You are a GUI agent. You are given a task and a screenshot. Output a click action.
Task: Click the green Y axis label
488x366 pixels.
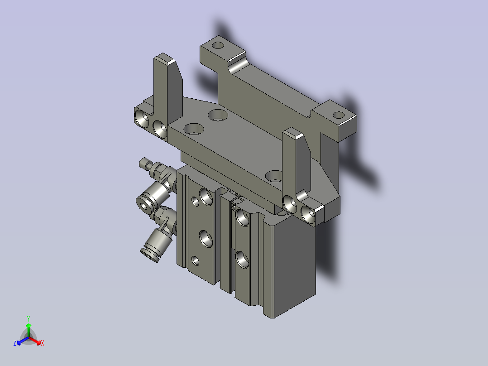point(29,318)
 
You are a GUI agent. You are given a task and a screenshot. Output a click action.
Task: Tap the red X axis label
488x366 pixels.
point(43,343)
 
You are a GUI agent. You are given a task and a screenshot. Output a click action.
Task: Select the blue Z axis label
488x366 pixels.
point(15,342)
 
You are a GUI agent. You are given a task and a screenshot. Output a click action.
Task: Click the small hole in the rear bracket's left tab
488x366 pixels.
point(218,45)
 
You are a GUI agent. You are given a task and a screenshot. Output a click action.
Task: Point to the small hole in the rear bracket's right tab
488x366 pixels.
point(339,115)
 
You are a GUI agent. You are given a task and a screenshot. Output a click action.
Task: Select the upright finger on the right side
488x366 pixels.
point(296,162)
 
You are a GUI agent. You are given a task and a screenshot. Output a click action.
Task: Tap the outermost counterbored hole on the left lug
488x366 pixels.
point(142,117)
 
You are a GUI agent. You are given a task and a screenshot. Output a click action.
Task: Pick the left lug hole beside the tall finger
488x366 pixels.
point(160,129)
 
